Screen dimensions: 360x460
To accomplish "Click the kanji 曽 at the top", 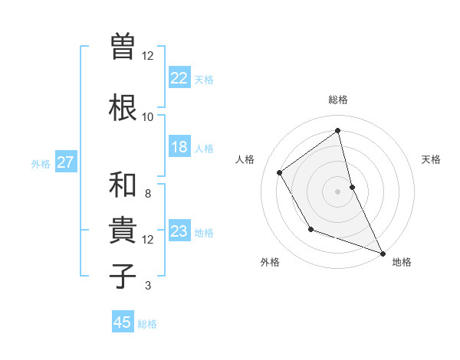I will tap(123, 44).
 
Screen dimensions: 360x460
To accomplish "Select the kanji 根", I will tap(123, 106).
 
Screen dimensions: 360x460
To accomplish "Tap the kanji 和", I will tap(123, 185).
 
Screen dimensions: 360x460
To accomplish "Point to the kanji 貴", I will tap(123, 231).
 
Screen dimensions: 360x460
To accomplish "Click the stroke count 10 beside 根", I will tap(147, 116).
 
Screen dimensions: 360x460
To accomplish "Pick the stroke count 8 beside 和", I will tap(147, 194).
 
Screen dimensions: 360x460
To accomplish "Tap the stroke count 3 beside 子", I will tap(147, 286).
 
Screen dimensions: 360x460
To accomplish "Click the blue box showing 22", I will tap(179, 77).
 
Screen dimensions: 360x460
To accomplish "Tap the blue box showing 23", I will tap(179, 231).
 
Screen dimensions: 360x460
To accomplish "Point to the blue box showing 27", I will tap(66, 162).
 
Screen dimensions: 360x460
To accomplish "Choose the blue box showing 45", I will tap(123, 322).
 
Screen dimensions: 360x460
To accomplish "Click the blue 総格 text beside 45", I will tap(147, 324).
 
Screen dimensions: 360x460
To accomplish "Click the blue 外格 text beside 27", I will tap(41, 163).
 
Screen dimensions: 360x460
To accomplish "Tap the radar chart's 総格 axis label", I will tap(337, 100).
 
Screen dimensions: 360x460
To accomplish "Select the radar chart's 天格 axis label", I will tap(431, 159).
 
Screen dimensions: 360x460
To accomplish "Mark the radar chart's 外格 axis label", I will tap(270, 263).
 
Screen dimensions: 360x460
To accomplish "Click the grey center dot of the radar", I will tap(337, 191).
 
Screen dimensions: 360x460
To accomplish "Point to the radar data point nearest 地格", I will tap(383, 254).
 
